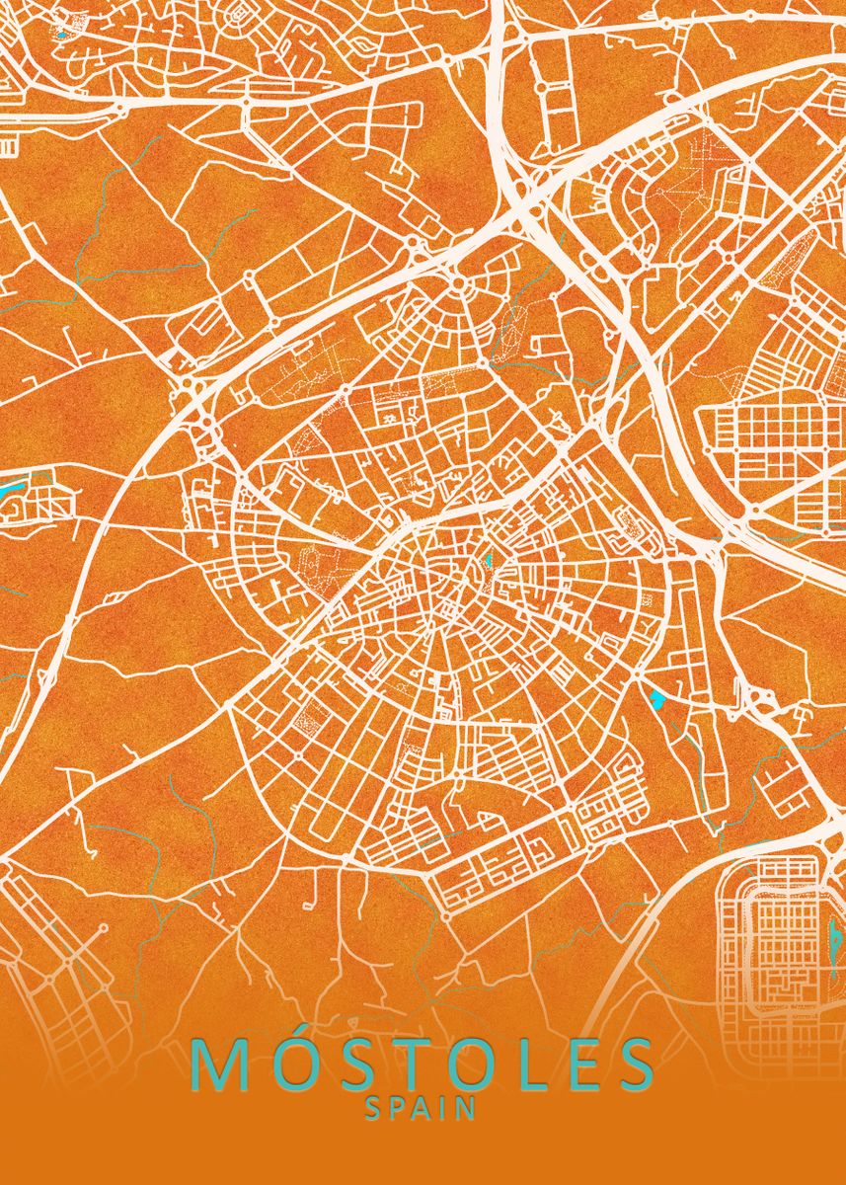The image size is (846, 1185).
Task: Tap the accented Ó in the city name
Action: click(290, 1064)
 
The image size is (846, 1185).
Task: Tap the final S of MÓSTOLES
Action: click(632, 1064)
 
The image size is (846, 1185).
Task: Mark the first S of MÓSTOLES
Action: click(350, 1064)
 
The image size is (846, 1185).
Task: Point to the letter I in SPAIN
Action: click(448, 1109)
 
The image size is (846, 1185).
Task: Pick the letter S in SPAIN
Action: click(374, 1109)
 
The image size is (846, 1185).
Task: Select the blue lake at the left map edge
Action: click(12, 488)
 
